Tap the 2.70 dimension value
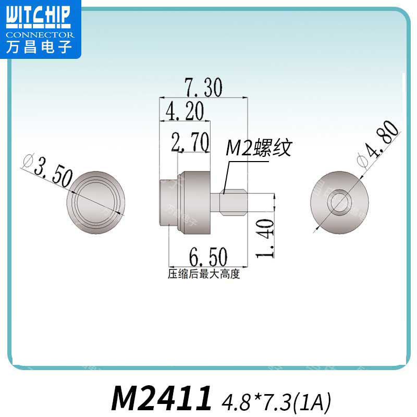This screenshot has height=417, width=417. [190, 142]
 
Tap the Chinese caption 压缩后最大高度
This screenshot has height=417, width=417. [203, 274]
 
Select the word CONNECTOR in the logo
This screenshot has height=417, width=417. [40, 35]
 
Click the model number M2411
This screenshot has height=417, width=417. [162, 399]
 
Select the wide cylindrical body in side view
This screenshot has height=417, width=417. [195, 201]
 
